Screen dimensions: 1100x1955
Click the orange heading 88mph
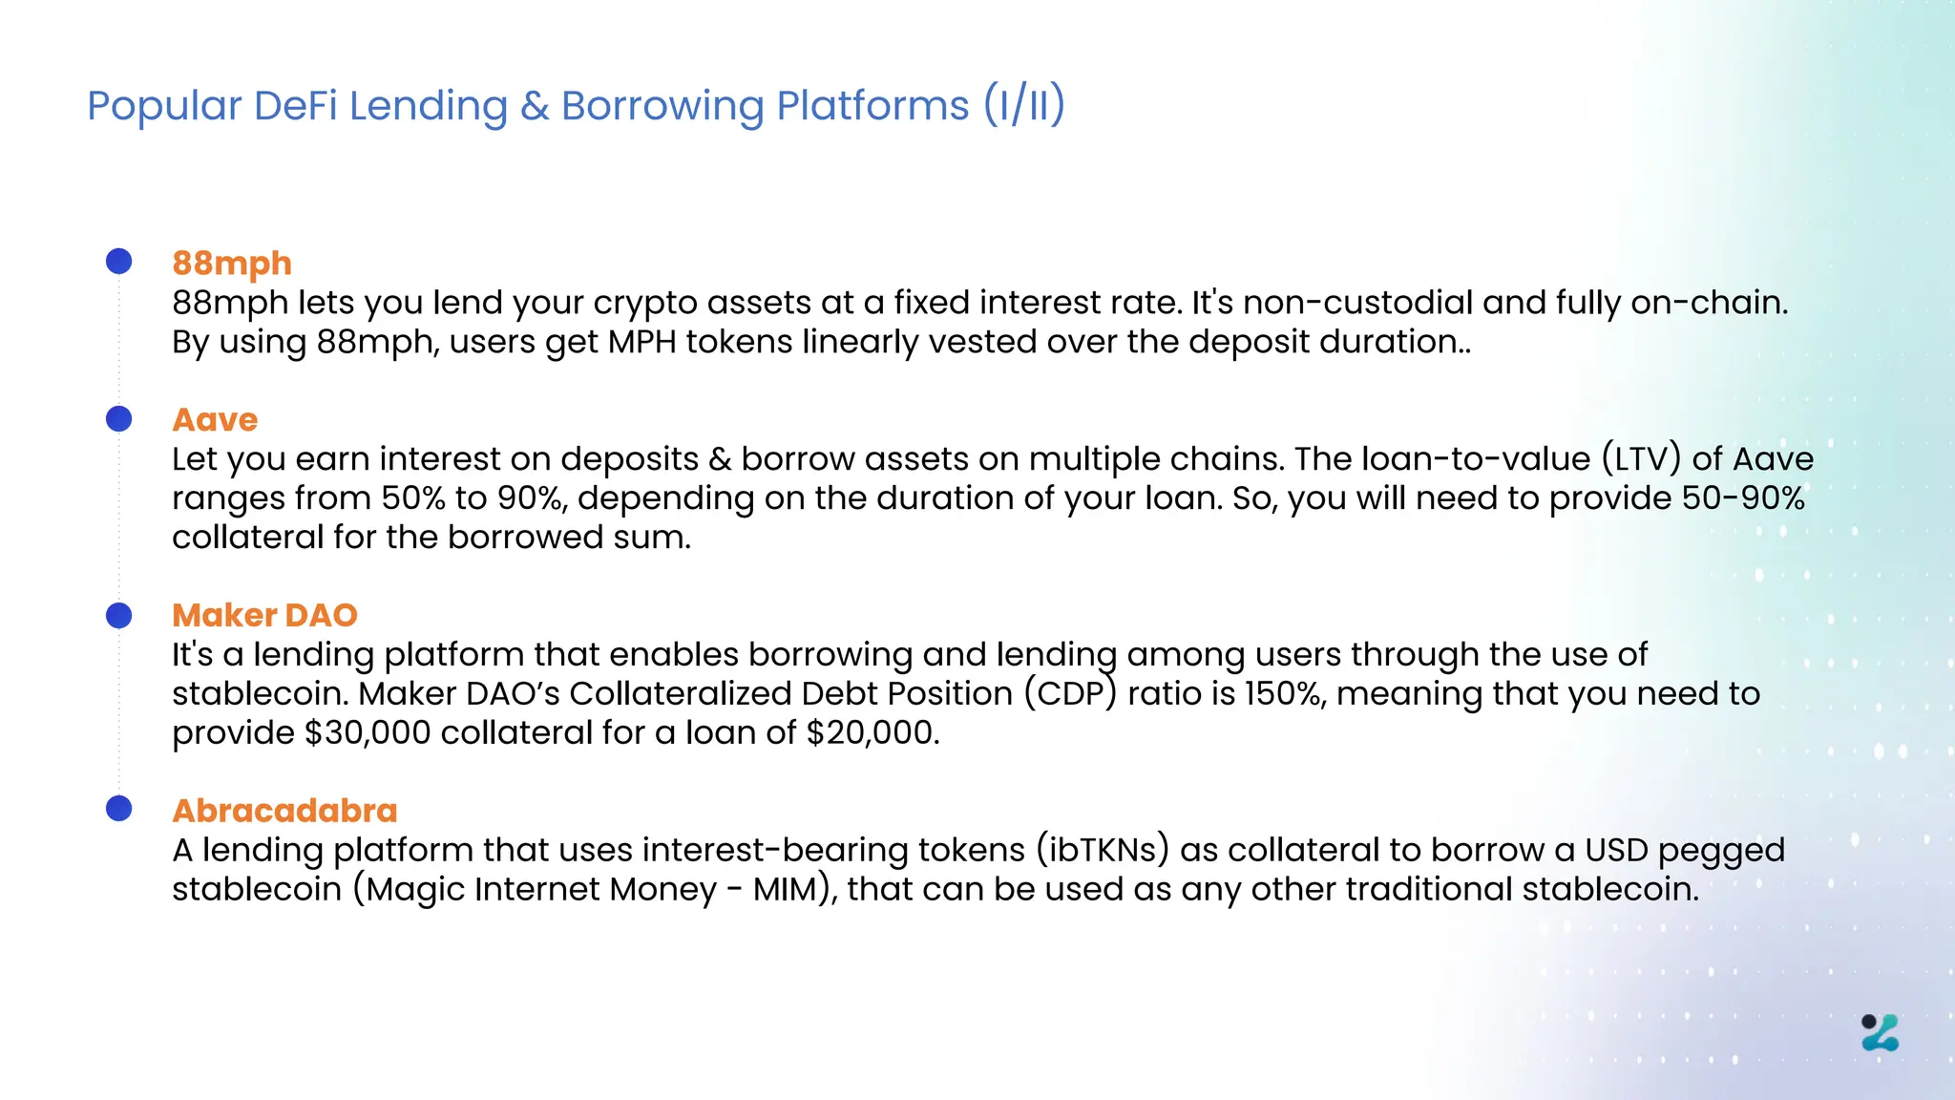pos(232,264)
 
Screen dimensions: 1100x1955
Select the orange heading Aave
pos(215,420)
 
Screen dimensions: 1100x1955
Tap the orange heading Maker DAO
pos(264,616)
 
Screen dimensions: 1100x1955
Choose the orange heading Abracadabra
pos(284,811)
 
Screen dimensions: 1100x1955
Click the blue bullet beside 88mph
pos(119,262)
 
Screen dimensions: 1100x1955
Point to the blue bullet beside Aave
pos(119,418)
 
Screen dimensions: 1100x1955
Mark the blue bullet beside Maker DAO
pos(119,616)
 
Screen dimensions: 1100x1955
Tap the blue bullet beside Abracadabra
pos(119,809)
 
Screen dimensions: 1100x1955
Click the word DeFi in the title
pos(295,105)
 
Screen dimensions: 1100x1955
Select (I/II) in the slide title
pos(1024,105)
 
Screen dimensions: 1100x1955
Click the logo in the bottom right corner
pos(1881,1033)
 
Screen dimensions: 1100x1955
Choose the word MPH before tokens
pos(641,342)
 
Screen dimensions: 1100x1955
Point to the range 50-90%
pos(1743,498)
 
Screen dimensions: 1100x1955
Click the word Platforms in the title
pos(872,105)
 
